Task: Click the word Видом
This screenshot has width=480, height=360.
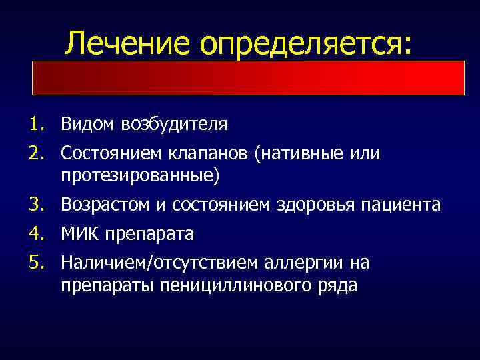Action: [x=85, y=124]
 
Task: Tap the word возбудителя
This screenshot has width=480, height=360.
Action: [x=171, y=125]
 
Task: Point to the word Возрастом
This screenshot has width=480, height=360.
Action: [x=107, y=205]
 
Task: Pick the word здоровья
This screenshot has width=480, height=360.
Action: [x=319, y=205]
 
